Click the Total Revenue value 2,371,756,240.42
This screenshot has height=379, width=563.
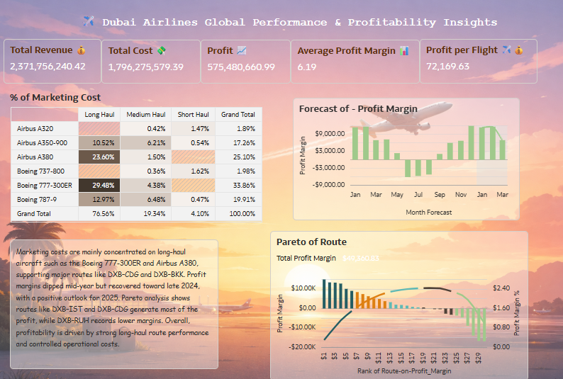pyautogui.click(x=48, y=66)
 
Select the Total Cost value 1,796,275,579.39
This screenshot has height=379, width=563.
pyautogui.click(x=146, y=67)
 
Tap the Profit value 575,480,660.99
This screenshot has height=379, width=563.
pyautogui.click(x=241, y=67)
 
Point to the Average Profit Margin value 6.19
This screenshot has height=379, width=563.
pyautogui.click(x=307, y=67)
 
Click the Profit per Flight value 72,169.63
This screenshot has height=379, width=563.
pyautogui.click(x=447, y=66)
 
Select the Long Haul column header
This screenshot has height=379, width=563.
pyautogui.click(x=99, y=115)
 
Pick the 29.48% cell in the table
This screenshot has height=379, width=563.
pyautogui.click(x=99, y=185)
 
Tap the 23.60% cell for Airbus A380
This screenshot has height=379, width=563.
pyautogui.click(x=99, y=157)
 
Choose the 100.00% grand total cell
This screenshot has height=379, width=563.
pyautogui.click(x=239, y=213)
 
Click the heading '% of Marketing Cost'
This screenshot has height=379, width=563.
pyautogui.click(x=55, y=97)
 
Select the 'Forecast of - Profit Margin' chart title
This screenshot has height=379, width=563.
pyautogui.click(x=358, y=108)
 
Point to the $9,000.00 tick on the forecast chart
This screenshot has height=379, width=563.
pyautogui.click(x=330, y=133)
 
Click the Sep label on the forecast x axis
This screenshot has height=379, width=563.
pyautogui.click(x=440, y=195)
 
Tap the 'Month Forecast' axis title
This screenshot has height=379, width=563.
pyautogui.click(x=428, y=212)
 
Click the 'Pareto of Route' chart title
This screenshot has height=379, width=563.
pyautogui.click(x=311, y=242)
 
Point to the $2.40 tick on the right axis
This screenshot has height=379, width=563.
pyautogui.click(x=501, y=288)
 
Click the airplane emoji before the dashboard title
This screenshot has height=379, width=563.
pyautogui.click(x=89, y=22)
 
